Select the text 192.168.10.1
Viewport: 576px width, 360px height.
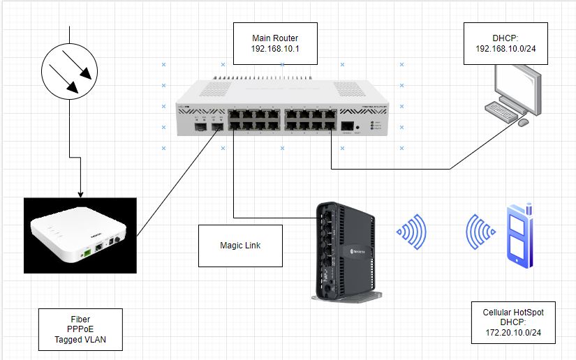(x=275, y=49)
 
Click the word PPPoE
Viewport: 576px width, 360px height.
(x=80, y=330)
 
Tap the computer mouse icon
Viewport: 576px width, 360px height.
(x=522, y=122)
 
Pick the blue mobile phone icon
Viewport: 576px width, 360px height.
(x=519, y=235)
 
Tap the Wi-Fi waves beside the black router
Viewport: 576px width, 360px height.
(x=413, y=232)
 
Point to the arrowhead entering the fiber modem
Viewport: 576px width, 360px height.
(x=80, y=193)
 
